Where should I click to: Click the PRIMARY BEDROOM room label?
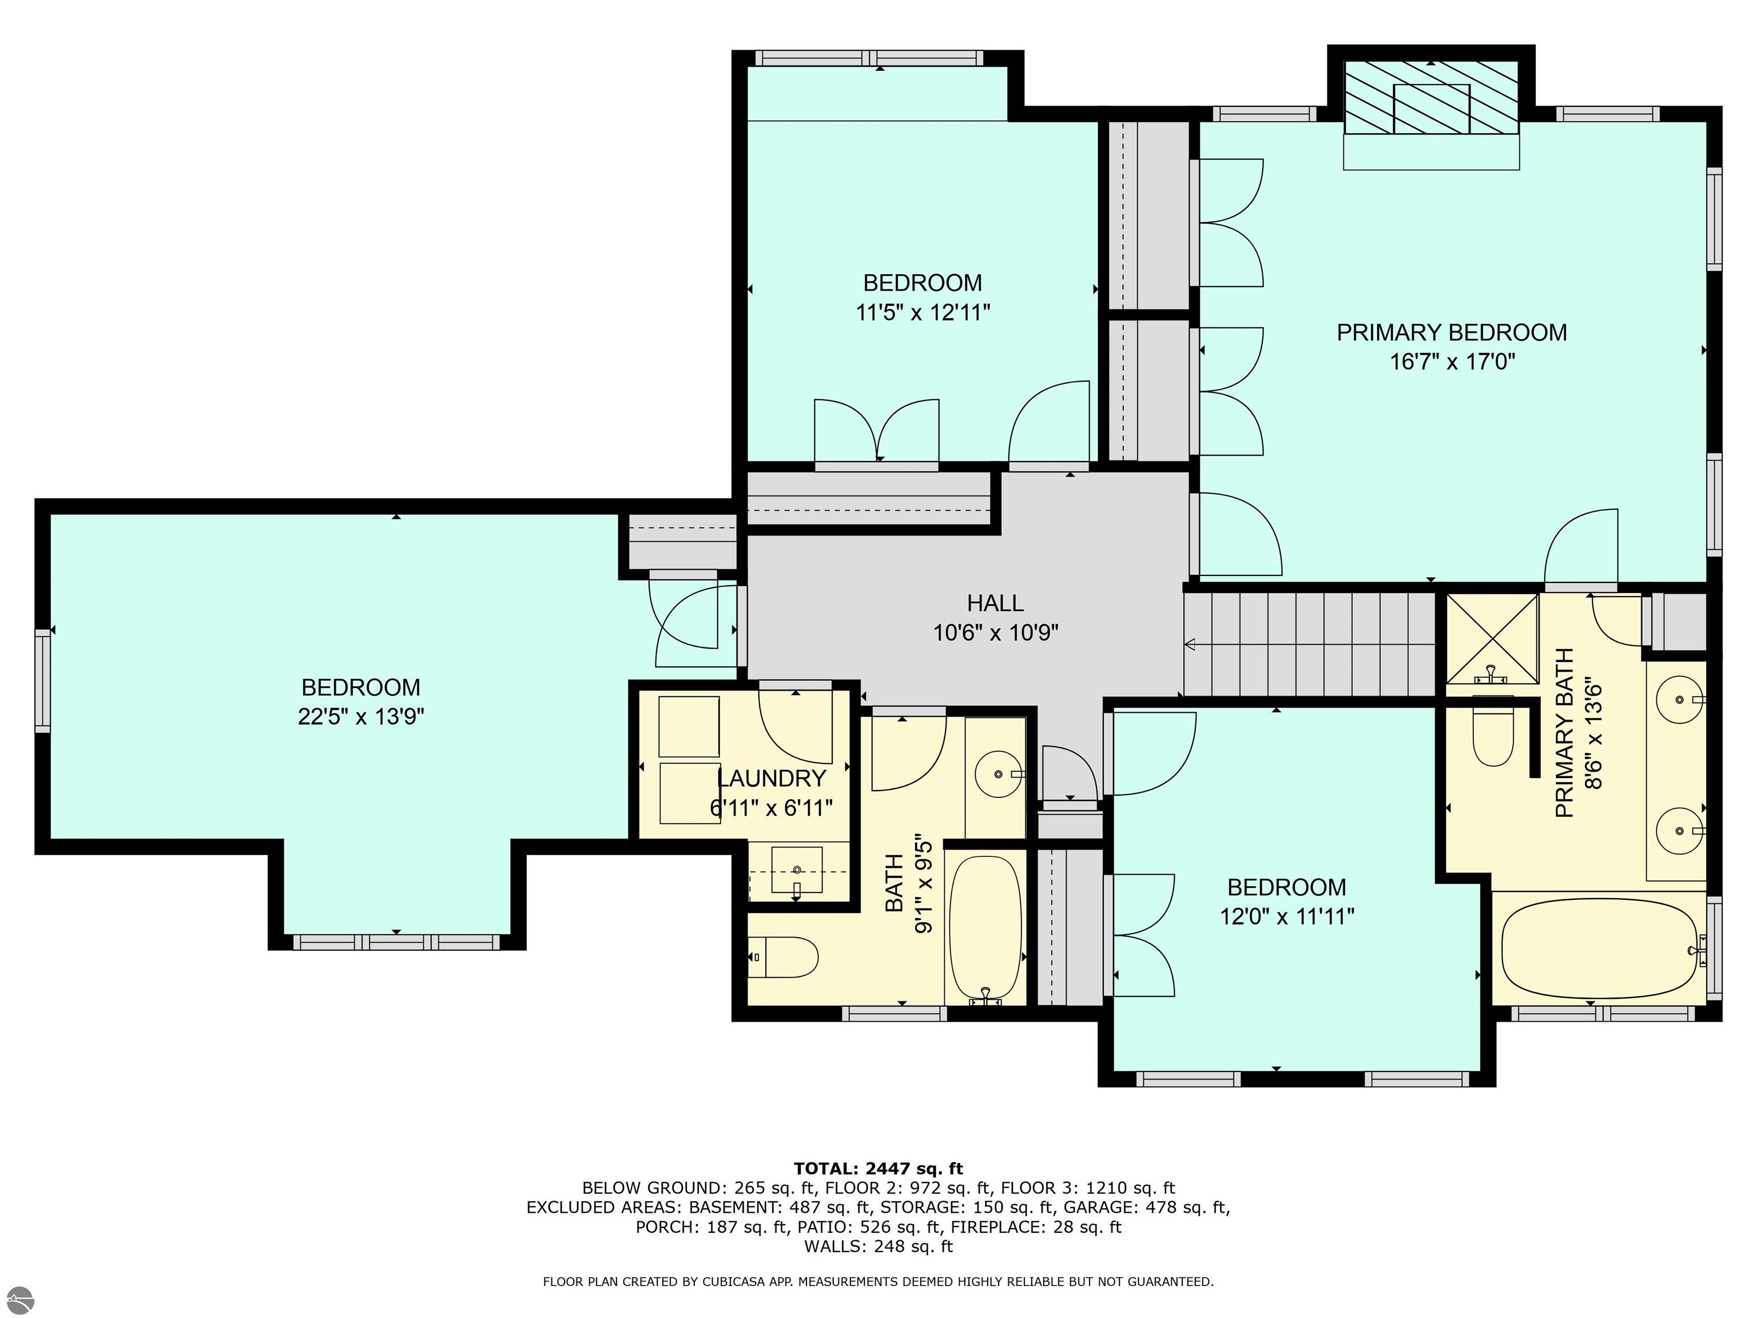click(1451, 332)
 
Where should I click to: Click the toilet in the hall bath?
click(784, 956)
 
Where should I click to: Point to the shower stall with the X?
click(1492, 639)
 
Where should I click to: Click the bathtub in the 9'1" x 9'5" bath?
click(985, 926)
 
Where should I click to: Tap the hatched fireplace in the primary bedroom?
click(1430, 98)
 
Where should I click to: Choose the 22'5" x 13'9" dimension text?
click(361, 717)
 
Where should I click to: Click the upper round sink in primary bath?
click(1679, 699)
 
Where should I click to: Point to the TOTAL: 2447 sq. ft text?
click(878, 1169)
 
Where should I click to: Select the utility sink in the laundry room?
click(797, 872)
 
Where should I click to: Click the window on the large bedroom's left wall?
click(42, 681)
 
